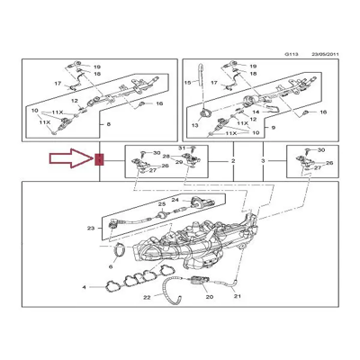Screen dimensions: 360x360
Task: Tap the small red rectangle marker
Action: pyautogui.click(x=99, y=161)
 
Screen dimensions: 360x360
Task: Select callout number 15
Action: pyautogui.click(x=189, y=83)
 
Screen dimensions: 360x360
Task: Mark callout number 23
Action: pyautogui.click(x=90, y=229)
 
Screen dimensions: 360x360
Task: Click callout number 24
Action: pyautogui.click(x=175, y=199)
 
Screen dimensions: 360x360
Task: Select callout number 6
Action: pyautogui.click(x=110, y=267)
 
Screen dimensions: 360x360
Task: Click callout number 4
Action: pyautogui.click(x=86, y=288)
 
